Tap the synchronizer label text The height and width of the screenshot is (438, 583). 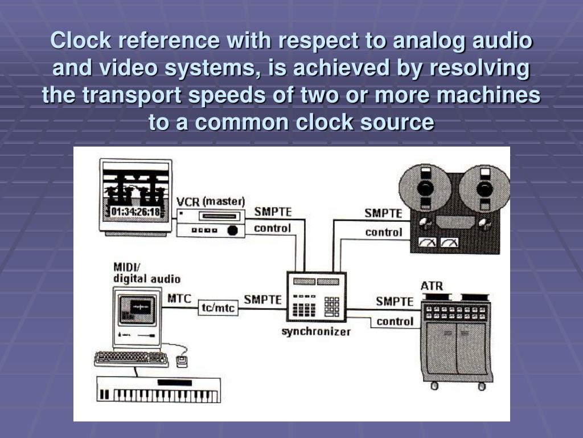click(317, 331)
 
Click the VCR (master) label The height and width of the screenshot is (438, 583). click(211, 201)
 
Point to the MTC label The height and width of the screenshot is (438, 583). click(179, 298)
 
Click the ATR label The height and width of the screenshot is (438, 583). click(432, 285)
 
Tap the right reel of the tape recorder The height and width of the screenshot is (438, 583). click(483, 189)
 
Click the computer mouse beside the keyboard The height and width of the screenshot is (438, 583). click(183, 361)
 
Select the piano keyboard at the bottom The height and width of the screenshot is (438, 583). click(158, 393)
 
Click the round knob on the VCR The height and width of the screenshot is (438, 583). click(232, 230)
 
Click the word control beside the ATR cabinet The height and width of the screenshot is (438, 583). click(395, 322)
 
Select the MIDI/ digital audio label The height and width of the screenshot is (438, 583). click(146, 273)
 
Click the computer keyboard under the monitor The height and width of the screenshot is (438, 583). click(132, 359)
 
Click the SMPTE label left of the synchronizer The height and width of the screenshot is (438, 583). click(262, 299)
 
